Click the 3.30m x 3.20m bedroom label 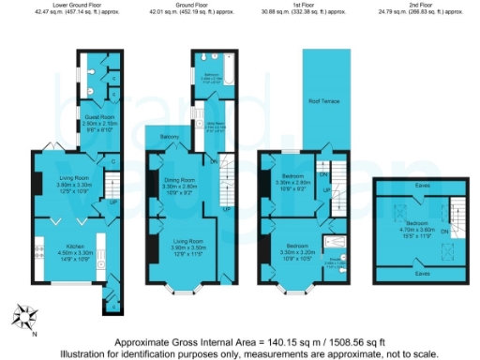coord(299,249)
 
